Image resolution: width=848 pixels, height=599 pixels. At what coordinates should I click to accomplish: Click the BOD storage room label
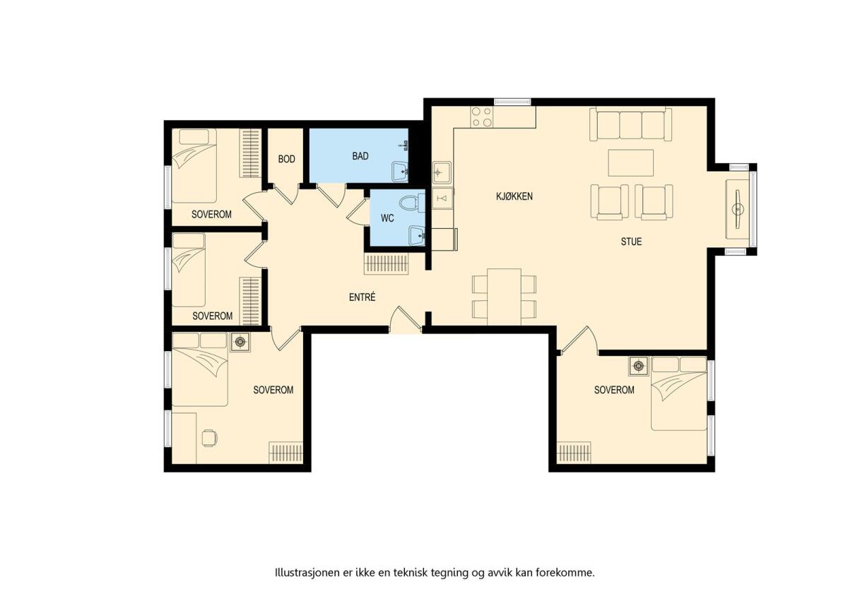point(287,159)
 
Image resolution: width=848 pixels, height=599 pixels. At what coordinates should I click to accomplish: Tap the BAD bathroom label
point(360,156)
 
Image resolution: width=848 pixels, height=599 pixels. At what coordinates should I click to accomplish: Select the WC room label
point(387,218)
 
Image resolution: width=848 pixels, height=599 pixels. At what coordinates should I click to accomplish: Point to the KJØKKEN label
point(514,196)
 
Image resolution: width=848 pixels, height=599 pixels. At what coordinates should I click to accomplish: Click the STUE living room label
point(631,242)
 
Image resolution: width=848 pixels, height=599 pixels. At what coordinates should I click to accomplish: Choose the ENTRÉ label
point(362,297)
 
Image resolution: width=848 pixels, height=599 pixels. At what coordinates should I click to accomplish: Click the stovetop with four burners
point(481,117)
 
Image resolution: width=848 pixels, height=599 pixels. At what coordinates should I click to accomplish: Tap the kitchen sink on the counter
point(442,172)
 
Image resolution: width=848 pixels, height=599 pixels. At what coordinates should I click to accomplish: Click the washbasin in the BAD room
point(399,172)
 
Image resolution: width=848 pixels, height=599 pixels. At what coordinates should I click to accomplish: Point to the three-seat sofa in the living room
point(630,124)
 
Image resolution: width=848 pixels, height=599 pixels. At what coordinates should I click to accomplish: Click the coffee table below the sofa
point(630,162)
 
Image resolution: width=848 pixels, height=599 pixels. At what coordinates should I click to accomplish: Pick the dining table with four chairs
point(504,297)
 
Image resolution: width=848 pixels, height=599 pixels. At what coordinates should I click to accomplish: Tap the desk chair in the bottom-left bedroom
point(209,438)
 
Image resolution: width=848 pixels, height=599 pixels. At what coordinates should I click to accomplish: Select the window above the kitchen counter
point(512,102)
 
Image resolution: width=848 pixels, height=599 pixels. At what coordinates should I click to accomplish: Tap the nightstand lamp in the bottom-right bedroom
point(639,366)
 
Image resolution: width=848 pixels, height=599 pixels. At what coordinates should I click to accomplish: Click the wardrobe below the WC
point(387,263)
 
